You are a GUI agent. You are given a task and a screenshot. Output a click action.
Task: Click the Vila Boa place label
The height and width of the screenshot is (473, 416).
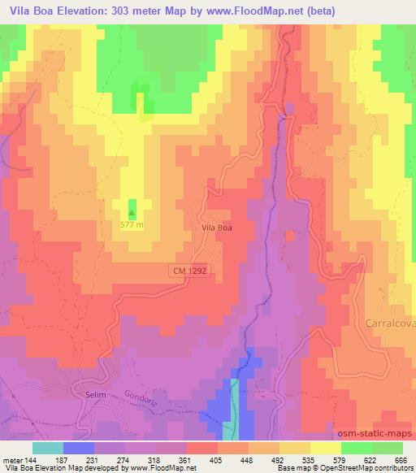[x=217, y=228]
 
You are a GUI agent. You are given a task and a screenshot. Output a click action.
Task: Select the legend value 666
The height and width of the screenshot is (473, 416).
[x=399, y=459]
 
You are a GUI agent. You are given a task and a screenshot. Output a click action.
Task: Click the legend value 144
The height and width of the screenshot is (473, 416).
[x=32, y=459]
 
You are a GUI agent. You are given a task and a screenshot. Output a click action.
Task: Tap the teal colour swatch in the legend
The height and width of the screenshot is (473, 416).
[x=48, y=448]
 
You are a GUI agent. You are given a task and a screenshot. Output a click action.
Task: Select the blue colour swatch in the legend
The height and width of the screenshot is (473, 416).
[x=79, y=448]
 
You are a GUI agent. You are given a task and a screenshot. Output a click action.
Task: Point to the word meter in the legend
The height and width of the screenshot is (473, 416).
[x=11, y=459]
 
